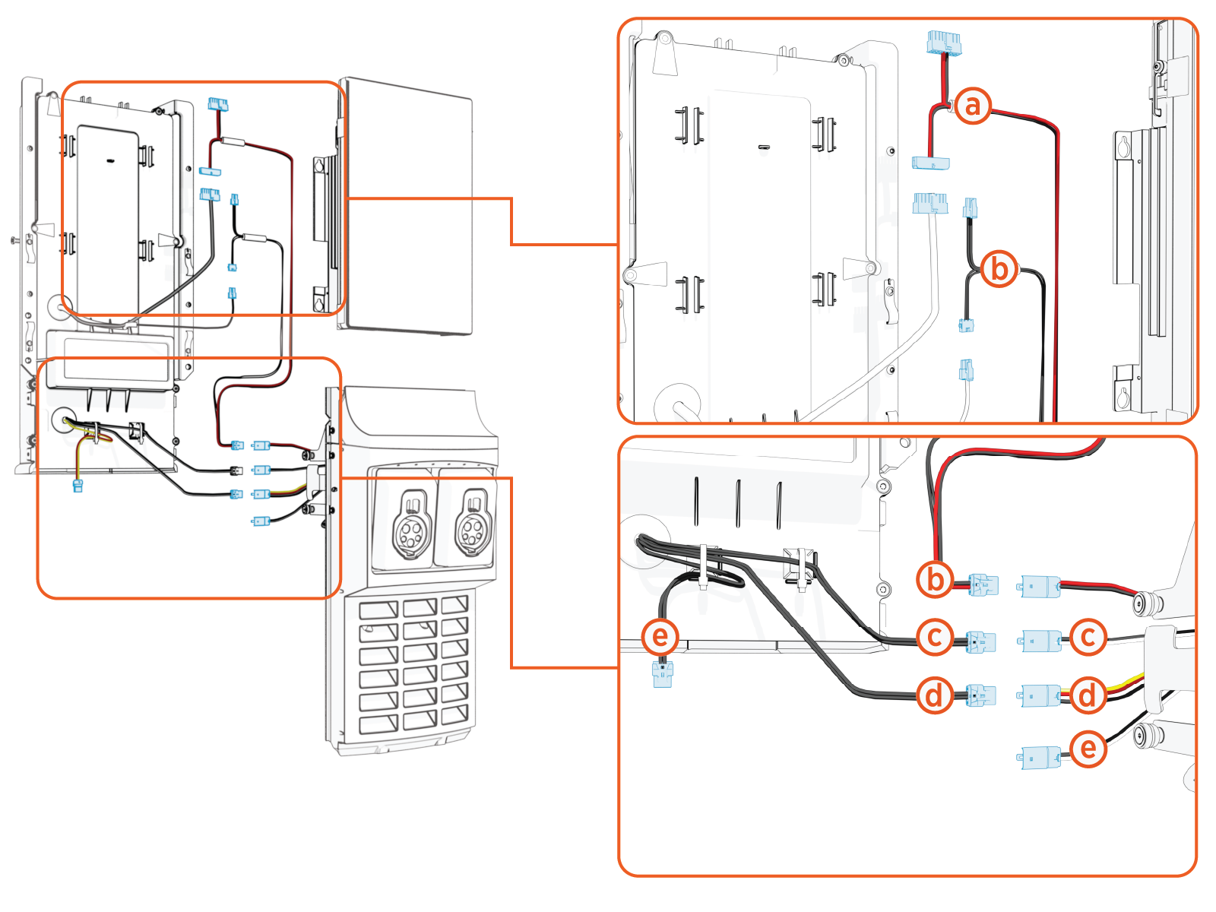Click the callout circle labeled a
point(973,106)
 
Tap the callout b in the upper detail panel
point(999,269)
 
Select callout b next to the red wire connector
point(935,579)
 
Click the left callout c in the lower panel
point(935,637)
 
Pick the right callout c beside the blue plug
point(1088,637)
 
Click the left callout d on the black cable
point(935,695)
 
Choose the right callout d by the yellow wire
point(1088,695)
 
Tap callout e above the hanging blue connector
point(660,635)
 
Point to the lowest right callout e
point(1088,749)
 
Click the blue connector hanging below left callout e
point(663,674)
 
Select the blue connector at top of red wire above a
point(944,43)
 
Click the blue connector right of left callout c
point(980,641)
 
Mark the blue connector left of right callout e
point(1040,758)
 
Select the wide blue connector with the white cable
point(929,204)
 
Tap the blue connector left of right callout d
point(1040,695)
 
